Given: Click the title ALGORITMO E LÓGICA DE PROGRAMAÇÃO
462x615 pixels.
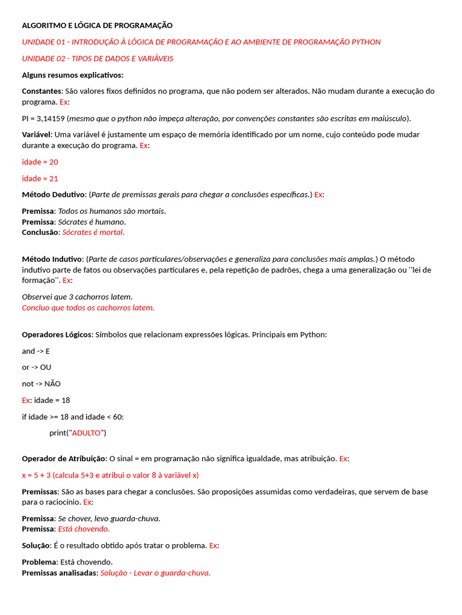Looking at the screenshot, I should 97,25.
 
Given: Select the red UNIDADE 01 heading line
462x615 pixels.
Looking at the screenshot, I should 201,42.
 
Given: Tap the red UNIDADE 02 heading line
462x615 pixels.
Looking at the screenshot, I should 97,58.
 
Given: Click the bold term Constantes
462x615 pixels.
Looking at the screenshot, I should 42,91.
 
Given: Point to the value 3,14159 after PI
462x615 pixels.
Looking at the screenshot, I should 50,118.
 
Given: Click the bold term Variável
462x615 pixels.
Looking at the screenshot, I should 37,135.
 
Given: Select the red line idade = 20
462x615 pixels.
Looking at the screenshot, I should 40,162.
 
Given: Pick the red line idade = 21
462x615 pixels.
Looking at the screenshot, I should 40,178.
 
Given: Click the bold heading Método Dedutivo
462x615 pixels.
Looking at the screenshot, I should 53,195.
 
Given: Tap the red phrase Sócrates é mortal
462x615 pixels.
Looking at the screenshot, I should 93,232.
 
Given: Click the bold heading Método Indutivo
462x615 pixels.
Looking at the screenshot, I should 52,259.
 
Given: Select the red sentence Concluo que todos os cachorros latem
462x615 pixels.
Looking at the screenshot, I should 88,307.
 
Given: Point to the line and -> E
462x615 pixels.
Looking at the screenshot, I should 35,351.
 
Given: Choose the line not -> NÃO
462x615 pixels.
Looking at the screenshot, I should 41,384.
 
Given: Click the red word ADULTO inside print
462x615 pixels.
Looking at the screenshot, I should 86,433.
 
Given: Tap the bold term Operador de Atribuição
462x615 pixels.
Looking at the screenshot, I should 63,459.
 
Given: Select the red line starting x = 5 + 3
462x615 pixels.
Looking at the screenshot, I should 110,475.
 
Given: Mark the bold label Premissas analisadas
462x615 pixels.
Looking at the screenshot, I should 60,573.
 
